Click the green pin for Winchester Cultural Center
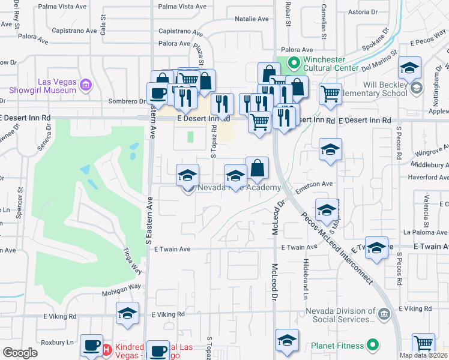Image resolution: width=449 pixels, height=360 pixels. [x=294, y=62]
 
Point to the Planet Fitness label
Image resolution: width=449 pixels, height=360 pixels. [x=337, y=346]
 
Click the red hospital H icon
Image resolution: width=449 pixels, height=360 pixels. [x=107, y=349]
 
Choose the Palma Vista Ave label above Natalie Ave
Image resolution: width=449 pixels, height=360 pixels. [x=182, y=7]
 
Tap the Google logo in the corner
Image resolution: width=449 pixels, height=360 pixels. [x=20, y=353]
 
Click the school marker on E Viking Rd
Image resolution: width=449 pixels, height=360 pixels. [x=127, y=313]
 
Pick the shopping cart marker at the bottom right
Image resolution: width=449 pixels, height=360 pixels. [x=424, y=344]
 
